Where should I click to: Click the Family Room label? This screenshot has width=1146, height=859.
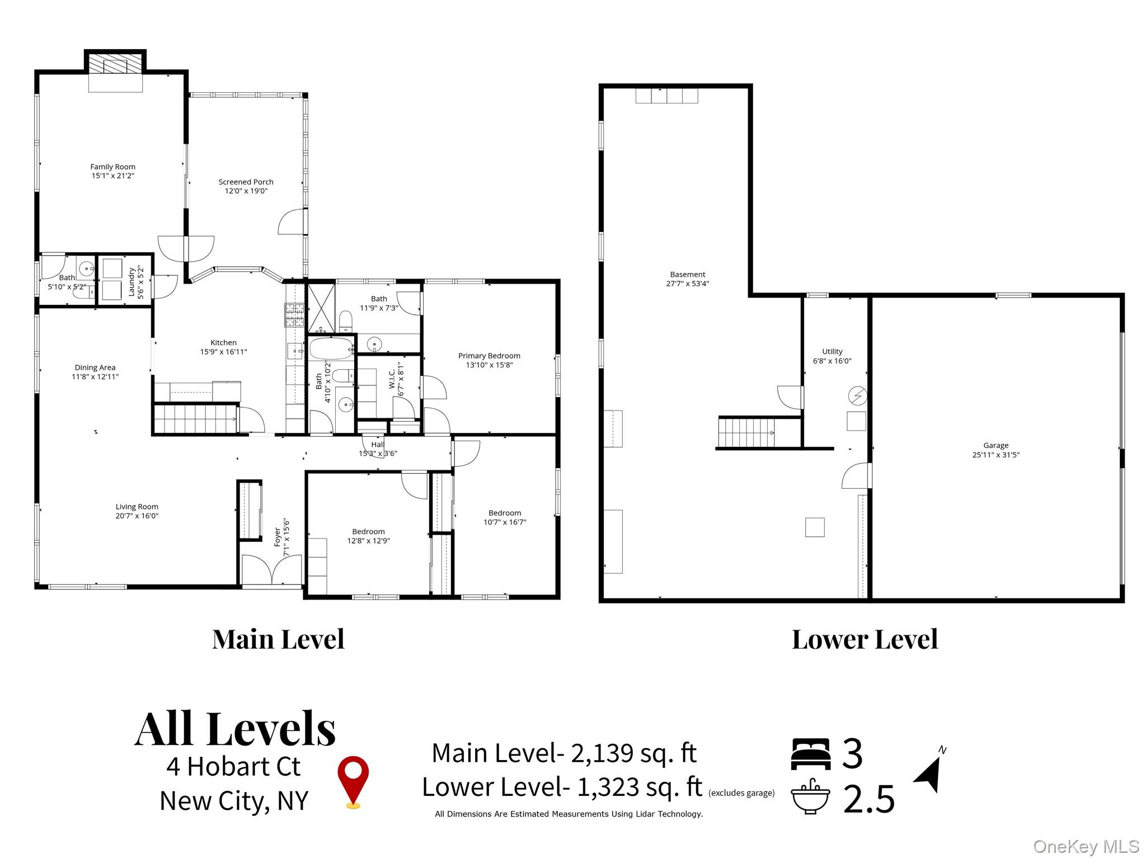point(113,167)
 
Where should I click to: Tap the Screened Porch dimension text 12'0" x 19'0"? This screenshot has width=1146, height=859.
point(246,191)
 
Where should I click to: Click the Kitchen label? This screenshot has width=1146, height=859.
point(223,343)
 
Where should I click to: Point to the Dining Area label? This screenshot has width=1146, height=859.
point(95,367)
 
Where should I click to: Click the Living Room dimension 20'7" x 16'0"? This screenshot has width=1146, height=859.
point(137,516)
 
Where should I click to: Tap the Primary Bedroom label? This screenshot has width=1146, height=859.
point(489,356)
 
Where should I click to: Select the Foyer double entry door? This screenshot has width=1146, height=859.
point(272,569)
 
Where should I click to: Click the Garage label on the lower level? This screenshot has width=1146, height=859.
point(996,446)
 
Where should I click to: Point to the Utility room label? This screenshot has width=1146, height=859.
point(832,352)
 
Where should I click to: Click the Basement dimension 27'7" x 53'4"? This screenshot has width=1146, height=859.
point(688,284)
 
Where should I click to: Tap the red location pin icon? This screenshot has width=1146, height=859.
point(353,782)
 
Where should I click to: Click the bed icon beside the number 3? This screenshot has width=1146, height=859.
point(810,754)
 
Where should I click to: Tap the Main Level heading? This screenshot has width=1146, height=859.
point(278,639)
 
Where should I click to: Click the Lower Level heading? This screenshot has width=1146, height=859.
point(865,639)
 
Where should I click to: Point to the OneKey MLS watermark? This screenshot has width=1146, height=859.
point(1086,847)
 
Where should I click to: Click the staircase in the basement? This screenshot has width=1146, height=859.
point(747,433)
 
